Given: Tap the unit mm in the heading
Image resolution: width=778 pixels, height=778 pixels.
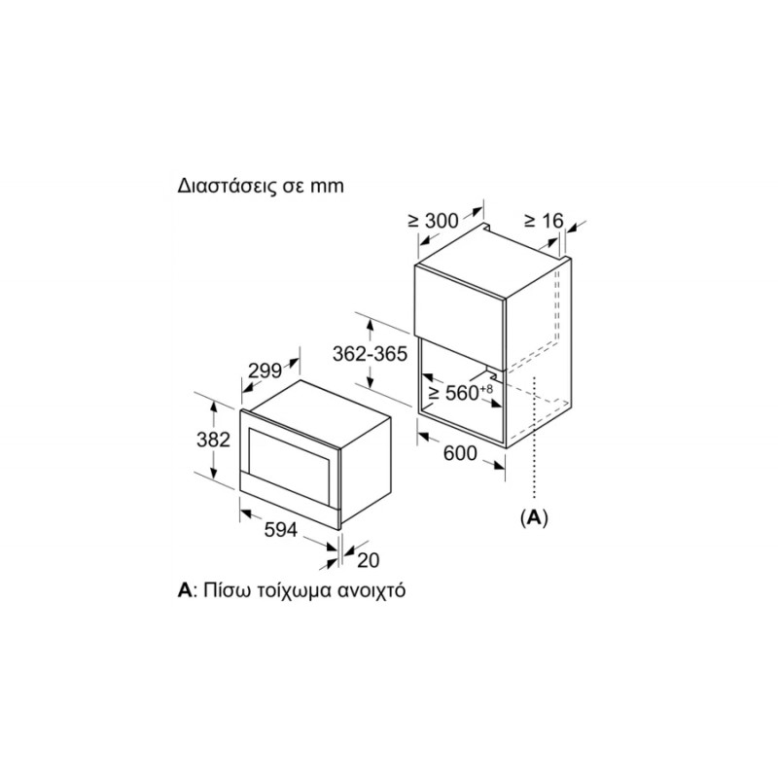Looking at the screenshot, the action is coord(327,187).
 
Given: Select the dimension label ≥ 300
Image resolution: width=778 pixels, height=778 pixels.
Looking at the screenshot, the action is coord(433,221).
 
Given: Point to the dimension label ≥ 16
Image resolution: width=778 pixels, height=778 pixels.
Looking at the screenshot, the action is coord(545,221).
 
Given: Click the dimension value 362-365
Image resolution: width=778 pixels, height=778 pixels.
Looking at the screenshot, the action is coord(370,354).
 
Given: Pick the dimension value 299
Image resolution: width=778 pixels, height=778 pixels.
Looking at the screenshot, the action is coord(265,371).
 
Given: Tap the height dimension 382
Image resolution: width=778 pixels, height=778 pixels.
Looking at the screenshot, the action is coord(213,440).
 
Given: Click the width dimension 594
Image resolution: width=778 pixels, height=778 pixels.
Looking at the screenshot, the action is coord(281,529).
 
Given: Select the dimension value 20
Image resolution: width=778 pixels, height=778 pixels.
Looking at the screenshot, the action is coord(369,560).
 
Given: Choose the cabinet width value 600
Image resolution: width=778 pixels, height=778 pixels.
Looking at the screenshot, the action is coord(460,453).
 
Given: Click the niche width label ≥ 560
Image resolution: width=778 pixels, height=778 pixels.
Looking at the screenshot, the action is coord(454,393).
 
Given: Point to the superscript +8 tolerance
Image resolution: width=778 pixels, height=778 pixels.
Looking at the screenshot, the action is coord(487,388).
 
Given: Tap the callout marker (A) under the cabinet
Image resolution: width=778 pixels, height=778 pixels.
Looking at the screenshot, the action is coord(534,517).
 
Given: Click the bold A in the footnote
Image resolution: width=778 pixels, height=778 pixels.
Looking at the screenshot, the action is coord(184,590).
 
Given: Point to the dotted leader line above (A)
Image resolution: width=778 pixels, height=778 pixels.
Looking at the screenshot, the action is coord(534,437).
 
